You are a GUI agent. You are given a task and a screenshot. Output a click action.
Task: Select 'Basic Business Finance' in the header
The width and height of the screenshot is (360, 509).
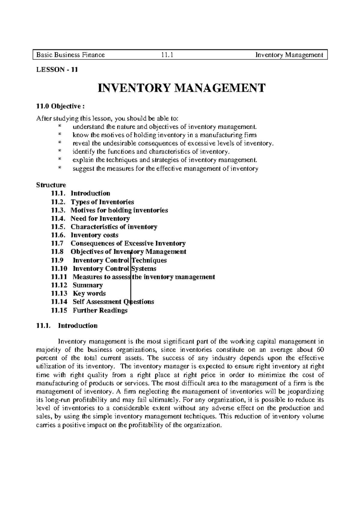click(70, 55)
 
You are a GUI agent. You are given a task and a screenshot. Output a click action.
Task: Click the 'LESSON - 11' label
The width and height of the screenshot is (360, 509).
click(57, 70)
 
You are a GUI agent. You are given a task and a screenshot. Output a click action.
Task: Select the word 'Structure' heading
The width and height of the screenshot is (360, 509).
click(51, 185)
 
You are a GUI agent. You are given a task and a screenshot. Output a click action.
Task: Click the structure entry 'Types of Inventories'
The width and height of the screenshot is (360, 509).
click(102, 202)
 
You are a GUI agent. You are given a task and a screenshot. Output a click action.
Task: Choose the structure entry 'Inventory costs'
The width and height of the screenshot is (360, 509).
click(94, 235)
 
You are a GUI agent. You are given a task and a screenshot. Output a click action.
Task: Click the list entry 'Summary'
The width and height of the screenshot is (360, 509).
click(88, 285)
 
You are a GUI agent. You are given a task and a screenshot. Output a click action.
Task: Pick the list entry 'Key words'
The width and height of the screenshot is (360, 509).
click(89, 293)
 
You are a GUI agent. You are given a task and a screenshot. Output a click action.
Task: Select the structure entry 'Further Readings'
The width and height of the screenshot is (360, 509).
click(100, 310)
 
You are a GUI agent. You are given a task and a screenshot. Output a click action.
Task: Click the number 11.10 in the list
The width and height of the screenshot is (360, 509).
click(59, 269)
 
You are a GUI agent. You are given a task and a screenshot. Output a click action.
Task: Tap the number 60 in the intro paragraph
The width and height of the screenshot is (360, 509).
click(320, 350)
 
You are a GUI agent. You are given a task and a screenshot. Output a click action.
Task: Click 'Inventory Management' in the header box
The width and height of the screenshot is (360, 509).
click(289, 55)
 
